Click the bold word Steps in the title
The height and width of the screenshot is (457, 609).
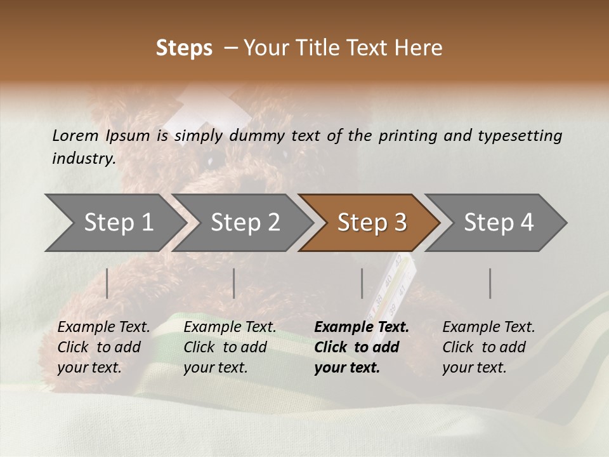[184, 48]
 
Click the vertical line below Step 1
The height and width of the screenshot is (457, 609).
[107, 283]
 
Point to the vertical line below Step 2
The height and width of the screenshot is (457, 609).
[234, 283]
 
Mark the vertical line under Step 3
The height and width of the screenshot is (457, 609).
[362, 283]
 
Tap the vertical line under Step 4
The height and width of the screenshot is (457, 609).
[490, 283]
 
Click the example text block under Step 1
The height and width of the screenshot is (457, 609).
[103, 347]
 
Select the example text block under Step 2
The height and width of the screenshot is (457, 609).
[230, 347]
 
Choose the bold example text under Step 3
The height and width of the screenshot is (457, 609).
[361, 347]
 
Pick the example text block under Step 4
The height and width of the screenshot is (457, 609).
[488, 347]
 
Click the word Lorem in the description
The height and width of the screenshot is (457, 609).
[75, 135]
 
